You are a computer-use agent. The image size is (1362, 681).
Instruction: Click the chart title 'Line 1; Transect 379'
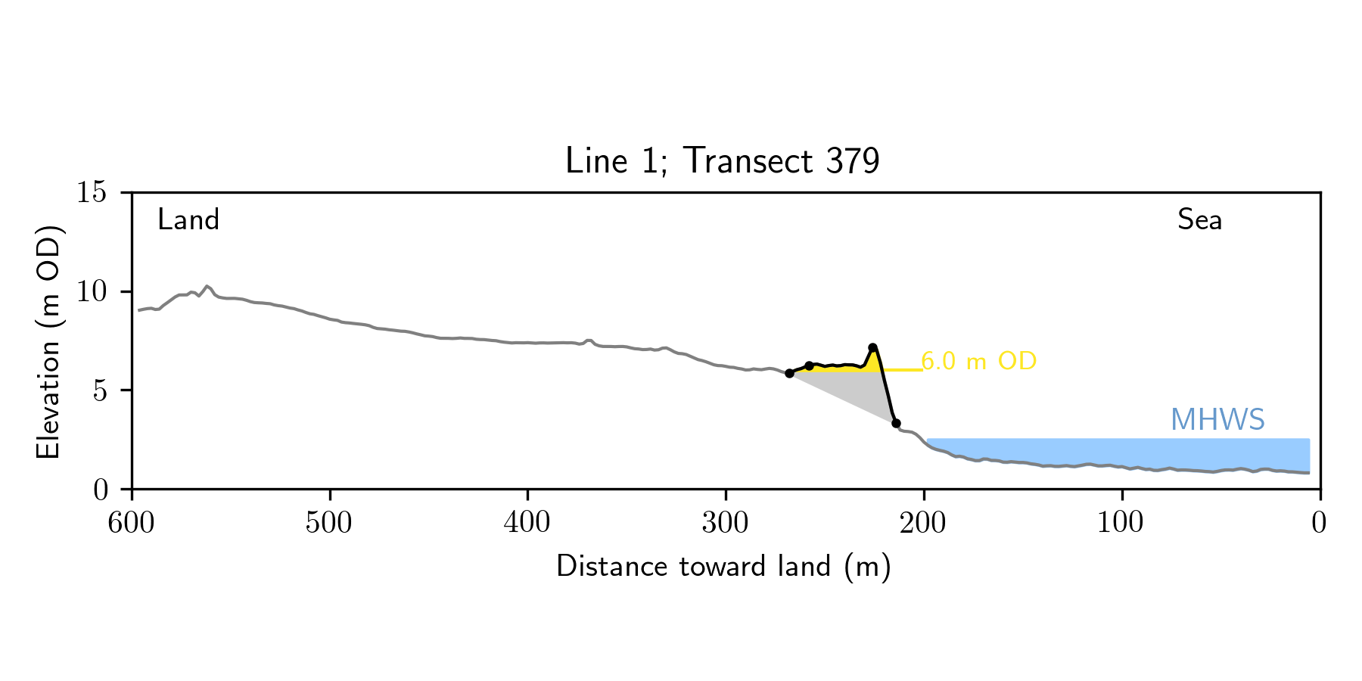(x=722, y=161)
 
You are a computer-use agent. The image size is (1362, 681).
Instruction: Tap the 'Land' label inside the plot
(x=188, y=220)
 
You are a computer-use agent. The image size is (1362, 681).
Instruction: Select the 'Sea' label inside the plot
(x=1199, y=220)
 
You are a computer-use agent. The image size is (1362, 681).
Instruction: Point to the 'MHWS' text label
(x=1217, y=420)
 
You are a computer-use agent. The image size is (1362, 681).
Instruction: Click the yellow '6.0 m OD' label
(x=978, y=362)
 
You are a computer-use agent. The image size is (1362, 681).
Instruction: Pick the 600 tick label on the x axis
(x=132, y=524)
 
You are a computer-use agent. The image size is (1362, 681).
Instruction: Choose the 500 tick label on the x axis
(x=329, y=524)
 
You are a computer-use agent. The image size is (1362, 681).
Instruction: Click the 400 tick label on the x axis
(x=527, y=524)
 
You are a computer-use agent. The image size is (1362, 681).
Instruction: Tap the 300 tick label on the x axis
(x=725, y=524)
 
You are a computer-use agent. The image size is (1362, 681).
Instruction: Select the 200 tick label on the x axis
(x=923, y=524)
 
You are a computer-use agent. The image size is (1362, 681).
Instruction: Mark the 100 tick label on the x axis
(x=1121, y=524)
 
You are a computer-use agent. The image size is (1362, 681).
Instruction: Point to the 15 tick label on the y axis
(x=92, y=193)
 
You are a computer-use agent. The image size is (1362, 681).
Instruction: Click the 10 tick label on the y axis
(x=92, y=292)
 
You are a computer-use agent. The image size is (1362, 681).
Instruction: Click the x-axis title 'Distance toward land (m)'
(x=723, y=567)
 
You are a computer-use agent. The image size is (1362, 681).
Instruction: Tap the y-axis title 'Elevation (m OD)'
(x=48, y=341)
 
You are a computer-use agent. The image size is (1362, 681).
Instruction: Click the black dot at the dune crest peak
(x=872, y=348)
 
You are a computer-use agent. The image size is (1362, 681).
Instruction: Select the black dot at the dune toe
(x=896, y=424)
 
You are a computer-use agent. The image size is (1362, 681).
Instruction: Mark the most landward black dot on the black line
(x=789, y=374)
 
